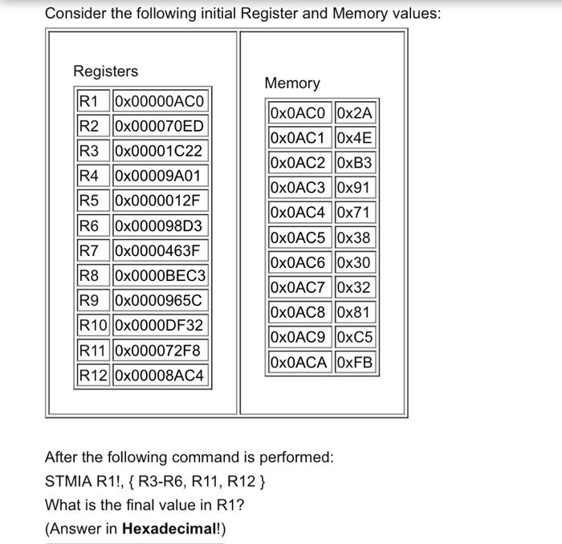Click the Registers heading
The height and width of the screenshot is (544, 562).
tap(105, 71)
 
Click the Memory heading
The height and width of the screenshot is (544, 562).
tap(291, 83)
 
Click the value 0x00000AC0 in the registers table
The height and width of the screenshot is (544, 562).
tap(161, 101)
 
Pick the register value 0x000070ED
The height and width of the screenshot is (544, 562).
tap(161, 126)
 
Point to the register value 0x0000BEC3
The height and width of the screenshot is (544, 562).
tap(161, 275)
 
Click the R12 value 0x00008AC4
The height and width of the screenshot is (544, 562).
tap(161, 375)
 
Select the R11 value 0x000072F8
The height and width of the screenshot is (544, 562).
tap(161, 350)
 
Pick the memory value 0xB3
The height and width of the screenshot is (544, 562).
tap(356, 163)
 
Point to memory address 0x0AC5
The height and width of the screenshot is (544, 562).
tap(299, 237)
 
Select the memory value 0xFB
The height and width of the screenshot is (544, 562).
tap(356, 362)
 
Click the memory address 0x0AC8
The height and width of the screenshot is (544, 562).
tap(299, 312)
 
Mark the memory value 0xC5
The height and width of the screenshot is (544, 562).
tap(356, 337)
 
